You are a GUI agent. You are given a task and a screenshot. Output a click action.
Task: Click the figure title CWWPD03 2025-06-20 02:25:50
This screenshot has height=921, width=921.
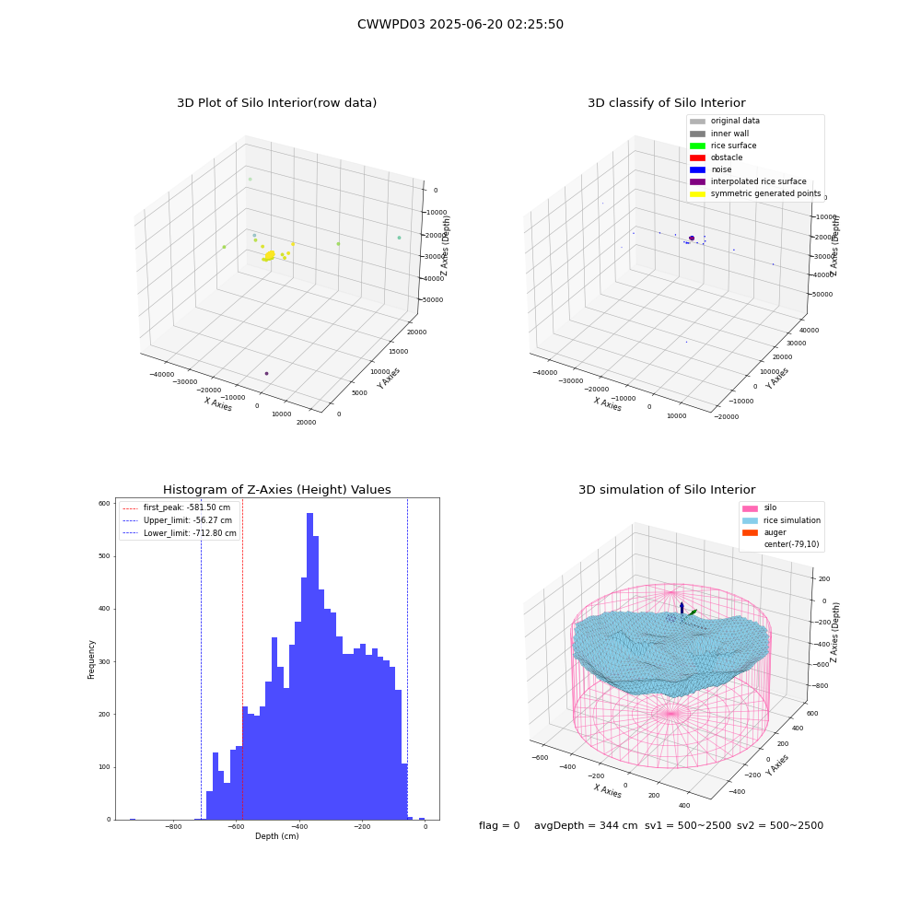coord(460,24)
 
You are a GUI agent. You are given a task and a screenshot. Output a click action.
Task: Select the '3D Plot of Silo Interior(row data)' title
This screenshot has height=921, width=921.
coord(276,103)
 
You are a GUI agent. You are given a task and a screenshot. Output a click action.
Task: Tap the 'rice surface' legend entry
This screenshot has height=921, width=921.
coord(723,146)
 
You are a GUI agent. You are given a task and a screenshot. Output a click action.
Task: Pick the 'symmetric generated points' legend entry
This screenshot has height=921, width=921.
coord(755,193)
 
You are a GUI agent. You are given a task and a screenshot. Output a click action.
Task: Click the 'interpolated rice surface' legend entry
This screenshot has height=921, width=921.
coord(748,181)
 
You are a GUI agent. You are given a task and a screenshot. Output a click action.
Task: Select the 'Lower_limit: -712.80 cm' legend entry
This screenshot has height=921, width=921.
coord(180,533)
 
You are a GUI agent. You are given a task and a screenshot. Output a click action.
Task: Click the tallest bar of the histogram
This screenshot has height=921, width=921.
coord(309,666)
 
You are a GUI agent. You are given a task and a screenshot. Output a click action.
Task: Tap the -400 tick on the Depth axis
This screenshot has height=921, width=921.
coord(299,826)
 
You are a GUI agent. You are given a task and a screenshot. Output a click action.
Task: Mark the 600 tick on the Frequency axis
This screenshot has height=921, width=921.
coord(104,504)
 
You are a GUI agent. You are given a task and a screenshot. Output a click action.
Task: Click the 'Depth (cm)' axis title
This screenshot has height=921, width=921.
coord(276,836)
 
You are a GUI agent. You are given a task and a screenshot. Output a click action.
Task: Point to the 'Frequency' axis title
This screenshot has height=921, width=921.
coord(91,659)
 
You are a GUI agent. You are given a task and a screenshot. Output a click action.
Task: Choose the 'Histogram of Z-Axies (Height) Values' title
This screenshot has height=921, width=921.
coord(276,490)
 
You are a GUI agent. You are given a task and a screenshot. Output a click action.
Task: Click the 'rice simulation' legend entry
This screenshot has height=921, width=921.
coord(781,520)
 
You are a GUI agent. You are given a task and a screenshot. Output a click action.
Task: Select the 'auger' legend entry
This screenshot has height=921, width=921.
coord(764,532)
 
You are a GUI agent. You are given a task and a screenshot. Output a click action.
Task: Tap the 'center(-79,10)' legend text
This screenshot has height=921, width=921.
coord(791,544)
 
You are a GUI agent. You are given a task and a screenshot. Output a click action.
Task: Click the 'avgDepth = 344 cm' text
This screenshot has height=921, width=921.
coord(586,825)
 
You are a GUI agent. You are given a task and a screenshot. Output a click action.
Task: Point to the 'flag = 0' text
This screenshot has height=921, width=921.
coord(499,825)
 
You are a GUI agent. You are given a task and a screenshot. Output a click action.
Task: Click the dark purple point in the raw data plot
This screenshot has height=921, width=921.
coord(267,374)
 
